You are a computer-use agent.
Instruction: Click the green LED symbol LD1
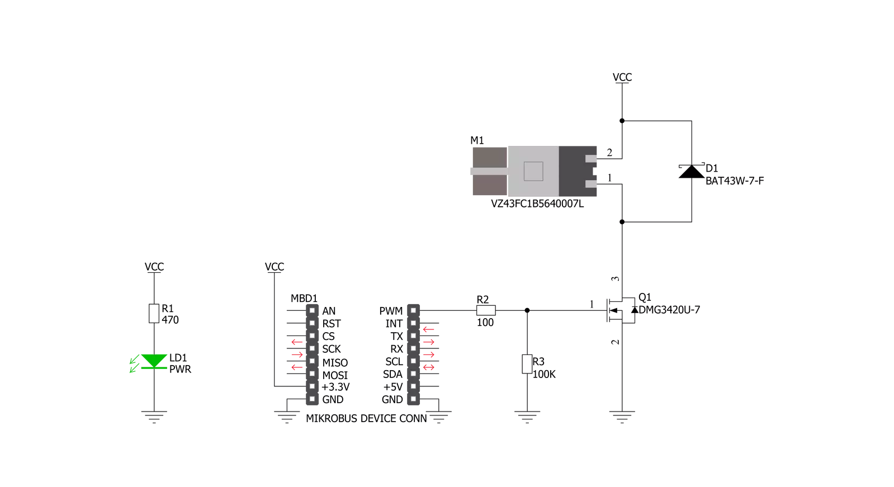pos(154,361)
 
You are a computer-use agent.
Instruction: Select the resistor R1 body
pos(154,313)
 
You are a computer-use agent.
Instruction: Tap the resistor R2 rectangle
pos(486,310)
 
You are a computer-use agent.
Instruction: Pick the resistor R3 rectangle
pos(527,364)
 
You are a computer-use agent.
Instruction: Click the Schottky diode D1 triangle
pos(692,171)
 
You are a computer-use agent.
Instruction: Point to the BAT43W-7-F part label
pos(735,181)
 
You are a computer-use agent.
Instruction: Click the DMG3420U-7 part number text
pos(669,310)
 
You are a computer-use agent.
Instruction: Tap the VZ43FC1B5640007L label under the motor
pos(537,204)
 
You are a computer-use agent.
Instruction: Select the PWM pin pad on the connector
pos(414,310)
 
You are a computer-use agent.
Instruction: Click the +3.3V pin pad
pos(312,386)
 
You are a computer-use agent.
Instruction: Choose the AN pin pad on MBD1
pos(312,310)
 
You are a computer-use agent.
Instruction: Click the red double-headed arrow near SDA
pos(429,367)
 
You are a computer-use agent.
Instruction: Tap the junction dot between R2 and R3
pos(527,310)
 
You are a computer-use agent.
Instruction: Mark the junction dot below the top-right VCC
pos(622,121)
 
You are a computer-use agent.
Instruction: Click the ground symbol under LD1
pos(154,417)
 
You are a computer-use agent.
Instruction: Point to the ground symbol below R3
pos(527,417)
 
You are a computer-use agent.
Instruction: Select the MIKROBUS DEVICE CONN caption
pos(366,418)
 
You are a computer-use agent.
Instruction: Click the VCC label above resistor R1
pos(154,267)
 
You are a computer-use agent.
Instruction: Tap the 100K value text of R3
pos(544,375)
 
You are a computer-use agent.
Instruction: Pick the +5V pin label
pos(392,387)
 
